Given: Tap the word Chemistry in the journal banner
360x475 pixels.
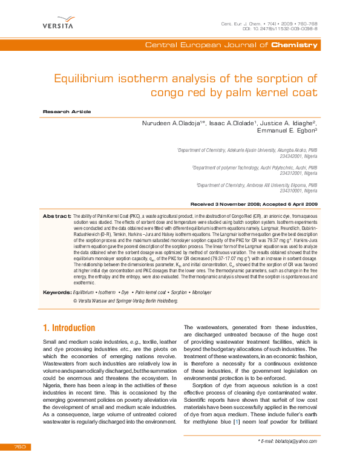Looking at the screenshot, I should click(x=294, y=45).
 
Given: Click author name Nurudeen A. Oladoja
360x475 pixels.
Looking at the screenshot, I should click(x=171, y=123).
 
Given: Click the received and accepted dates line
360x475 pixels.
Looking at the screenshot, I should click(x=254, y=204).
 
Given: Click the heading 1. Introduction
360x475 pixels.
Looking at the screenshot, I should click(x=69, y=328).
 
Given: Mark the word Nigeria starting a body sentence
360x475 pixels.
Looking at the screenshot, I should click(x=53, y=378).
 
